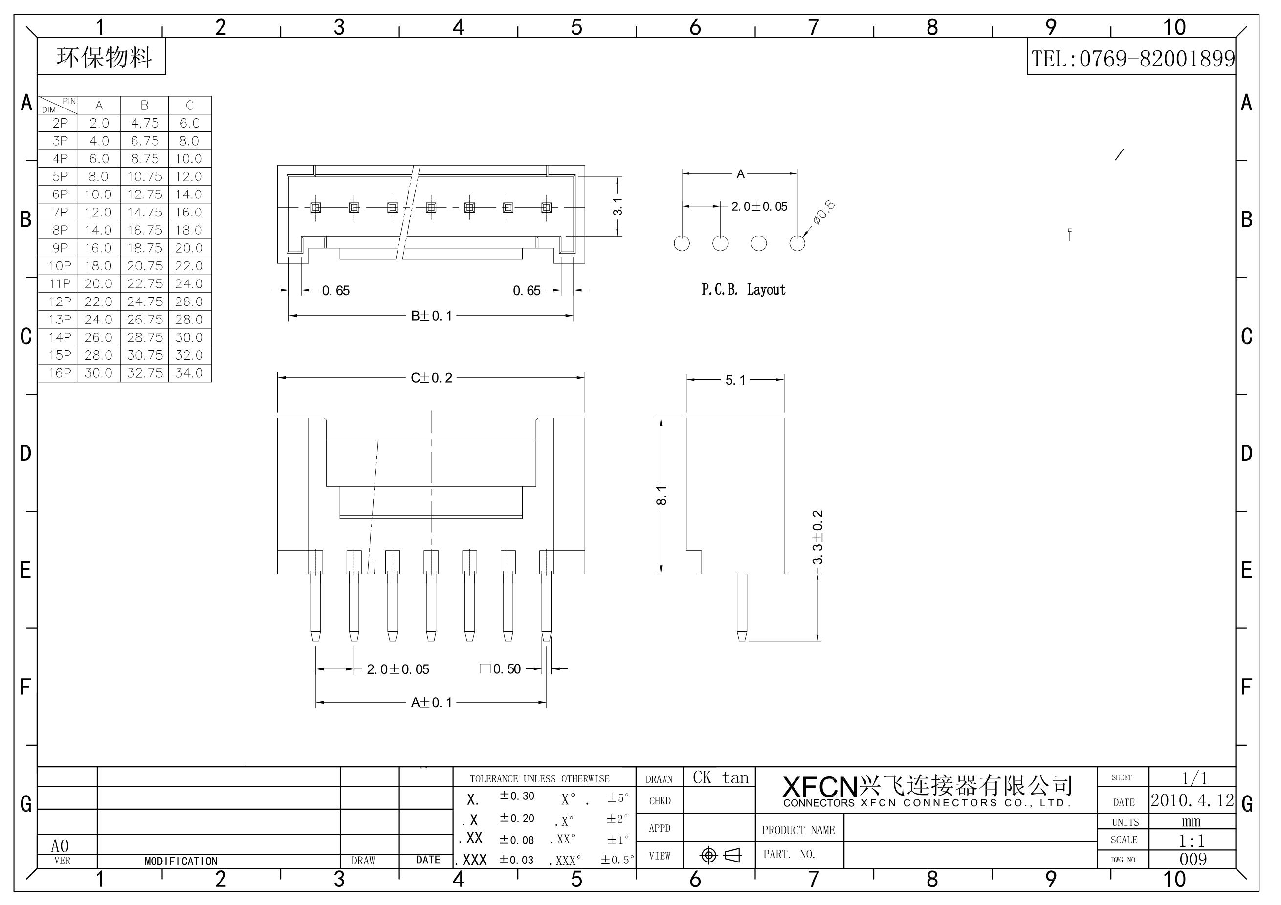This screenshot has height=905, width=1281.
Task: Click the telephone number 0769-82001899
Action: [1157, 59]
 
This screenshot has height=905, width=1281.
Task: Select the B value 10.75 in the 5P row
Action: [145, 177]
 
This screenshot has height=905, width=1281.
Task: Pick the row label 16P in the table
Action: [60, 373]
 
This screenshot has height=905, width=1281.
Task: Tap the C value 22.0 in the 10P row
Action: [189, 266]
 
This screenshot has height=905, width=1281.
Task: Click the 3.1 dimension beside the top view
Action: [618, 207]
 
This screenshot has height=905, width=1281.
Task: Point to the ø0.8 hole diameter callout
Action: [823, 213]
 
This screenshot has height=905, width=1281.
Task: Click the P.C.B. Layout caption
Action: [743, 289]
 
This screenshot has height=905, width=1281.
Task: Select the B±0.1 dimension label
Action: [431, 316]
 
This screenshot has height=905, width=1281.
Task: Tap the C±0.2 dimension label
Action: [431, 378]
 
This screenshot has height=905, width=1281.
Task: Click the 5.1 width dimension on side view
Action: [735, 380]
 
